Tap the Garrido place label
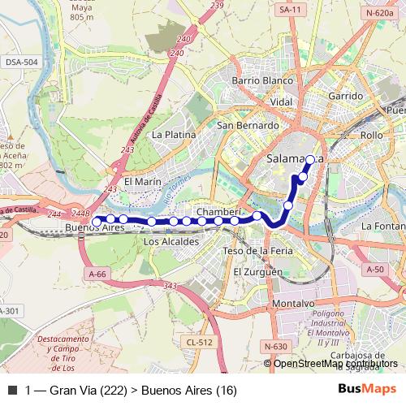click(x=345, y=96)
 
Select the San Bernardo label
click(x=248, y=126)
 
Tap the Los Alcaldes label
click(x=171, y=242)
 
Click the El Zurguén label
click(x=257, y=272)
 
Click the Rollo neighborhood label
click(x=371, y=135)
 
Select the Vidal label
click(x=281, y=102)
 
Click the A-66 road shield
click(x=96, y=274)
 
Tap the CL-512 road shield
click(x=199, y=342)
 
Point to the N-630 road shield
click(x=274, y=347)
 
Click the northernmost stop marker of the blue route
click(x=310, y=161)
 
